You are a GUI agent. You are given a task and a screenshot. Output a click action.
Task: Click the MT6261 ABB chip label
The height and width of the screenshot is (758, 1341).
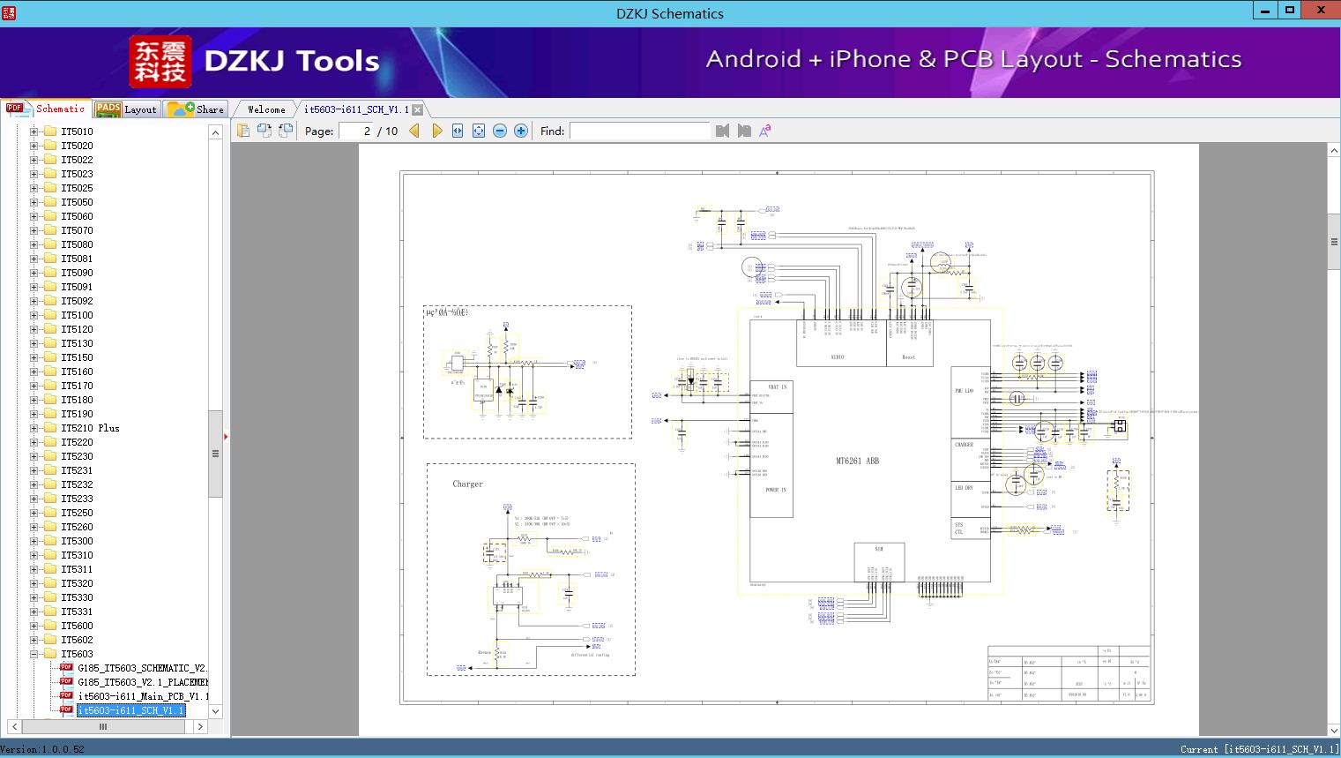tap(857, 461)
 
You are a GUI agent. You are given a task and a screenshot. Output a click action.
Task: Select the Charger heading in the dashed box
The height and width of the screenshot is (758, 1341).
tap(467, 484)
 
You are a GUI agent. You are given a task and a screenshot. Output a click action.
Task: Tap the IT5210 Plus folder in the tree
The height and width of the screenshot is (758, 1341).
tap(90, 428)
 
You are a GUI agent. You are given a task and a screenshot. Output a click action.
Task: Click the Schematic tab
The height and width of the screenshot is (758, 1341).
tap(48, 109)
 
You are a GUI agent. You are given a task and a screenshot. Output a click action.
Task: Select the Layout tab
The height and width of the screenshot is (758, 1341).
tap(127, 109)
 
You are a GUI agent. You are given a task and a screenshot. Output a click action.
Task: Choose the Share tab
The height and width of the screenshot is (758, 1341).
tap(197, 109)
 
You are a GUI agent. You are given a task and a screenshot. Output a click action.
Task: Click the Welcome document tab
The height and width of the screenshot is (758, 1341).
tap(266, 109)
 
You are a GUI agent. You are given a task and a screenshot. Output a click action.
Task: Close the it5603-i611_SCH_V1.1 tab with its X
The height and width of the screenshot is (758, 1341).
tap(418, 109)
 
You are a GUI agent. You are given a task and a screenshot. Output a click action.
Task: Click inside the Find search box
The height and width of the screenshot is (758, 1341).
tap(639, 131)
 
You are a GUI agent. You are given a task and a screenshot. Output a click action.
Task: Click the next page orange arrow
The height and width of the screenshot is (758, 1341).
tap(436, 131)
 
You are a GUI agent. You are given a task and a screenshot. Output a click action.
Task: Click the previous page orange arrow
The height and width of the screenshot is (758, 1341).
tap(414, 131)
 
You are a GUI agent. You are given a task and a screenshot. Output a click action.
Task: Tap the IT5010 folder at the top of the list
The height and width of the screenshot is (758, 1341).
tap(77, 131)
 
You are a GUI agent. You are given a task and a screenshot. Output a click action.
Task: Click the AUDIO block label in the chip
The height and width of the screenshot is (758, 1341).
tap(837, 357)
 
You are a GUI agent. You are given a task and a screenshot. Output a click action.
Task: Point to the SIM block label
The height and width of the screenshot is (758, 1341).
tap(878, 549)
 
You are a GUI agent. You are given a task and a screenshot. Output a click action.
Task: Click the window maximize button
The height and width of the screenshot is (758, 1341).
tap(1290, 11)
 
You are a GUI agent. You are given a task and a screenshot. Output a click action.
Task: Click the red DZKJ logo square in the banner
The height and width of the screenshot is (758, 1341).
tap(160, 62)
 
